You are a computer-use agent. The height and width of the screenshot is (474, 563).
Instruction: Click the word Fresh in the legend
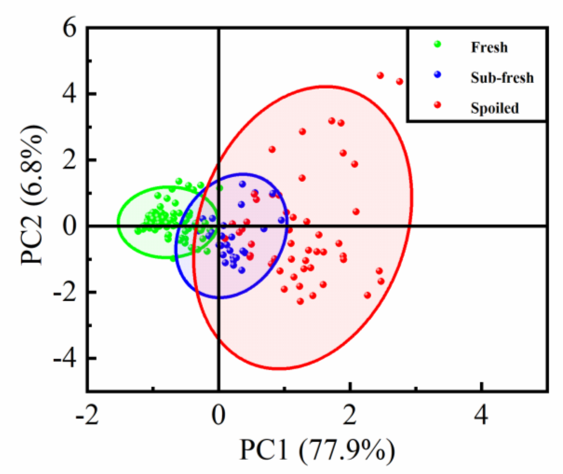point(489,47)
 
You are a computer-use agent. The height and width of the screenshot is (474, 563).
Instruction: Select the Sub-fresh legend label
point(502,78)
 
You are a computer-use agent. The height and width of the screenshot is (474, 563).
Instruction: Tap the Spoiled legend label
point(495,108)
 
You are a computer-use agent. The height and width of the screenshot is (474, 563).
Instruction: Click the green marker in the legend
point(438,44)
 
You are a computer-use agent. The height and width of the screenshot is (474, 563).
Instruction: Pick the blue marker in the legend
point(438,74)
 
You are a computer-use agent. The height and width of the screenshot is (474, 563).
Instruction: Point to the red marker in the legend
point(438,105)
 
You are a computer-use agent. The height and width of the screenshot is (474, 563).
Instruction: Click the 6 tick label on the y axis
point(69,29)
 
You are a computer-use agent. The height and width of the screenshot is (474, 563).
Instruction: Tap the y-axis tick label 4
point(69,94)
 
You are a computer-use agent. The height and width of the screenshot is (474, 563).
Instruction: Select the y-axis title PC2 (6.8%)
point(33,195)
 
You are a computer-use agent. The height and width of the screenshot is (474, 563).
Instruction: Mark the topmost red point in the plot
point(380,75)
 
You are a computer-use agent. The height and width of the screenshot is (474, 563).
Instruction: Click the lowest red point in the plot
point(300,301)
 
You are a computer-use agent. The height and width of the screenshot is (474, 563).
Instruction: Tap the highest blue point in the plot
point(242,184)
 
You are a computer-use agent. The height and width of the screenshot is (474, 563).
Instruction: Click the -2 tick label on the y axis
point(64,293)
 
